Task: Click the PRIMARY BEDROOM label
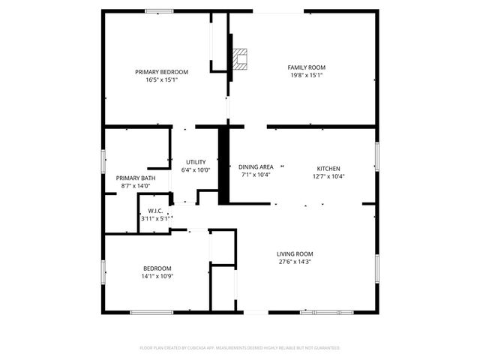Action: [161, 72]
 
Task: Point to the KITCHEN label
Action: [328, 168]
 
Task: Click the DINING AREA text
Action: [256, 166]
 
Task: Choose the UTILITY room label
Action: [196, 162]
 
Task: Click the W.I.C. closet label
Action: [156, 211]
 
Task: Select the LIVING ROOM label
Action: [295, 253]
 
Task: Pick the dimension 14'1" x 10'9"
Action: [157, 276]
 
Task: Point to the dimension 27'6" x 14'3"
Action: [295, 262]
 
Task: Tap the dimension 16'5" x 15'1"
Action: [161, 79]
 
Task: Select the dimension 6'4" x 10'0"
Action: [196, 170]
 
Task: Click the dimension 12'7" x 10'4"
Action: [328, 176]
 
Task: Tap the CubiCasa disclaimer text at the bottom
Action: [240, 348]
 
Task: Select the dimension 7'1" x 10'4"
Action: [256, 175]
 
